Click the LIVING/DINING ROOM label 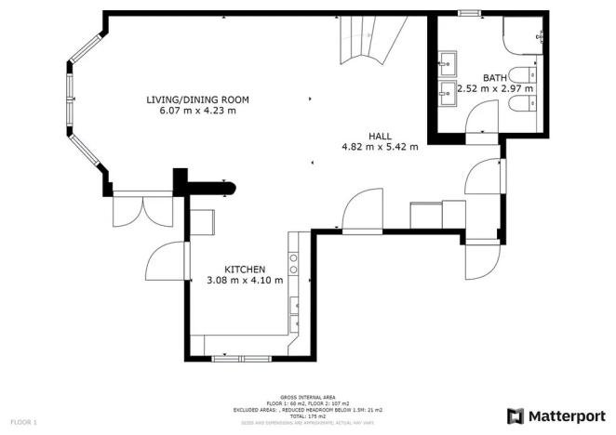pyautogui.click(x=197, y=99)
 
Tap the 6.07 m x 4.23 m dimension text pyautogui.click(x=197, y=111)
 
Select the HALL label pyautogui.click(x=380, y=135)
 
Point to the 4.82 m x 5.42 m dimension pyautogui.click(x=380, y=146)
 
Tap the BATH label pyautogui.click(x=494, y=77)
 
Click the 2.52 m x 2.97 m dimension pyautogui.click(x=494, y=89)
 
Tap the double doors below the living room pyautogui.click(x=142, y=211)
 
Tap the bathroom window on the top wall pyautogui.click(x=468, y=12)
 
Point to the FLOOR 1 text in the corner pyautogui.click(x=24, y=423)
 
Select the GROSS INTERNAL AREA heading pyautogui.click(x=306, y=395)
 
